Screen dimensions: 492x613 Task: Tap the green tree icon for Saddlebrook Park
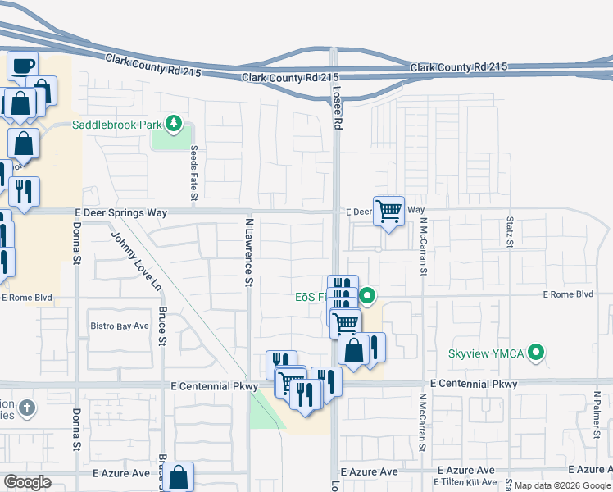pos(173,125)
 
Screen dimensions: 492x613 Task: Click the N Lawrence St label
pos(248,252)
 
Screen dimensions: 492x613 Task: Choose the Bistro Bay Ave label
pos(120,326)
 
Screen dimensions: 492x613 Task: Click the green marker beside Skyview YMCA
pos(537,353)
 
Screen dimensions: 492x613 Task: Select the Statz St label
pos(510,231)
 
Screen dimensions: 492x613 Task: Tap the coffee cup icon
pos(23,64)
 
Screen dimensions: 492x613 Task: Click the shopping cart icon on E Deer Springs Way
pos(388,211)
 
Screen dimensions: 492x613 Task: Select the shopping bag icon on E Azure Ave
pos(178,476)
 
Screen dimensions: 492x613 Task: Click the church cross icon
pos(26,408)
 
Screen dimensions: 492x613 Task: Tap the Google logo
pos(27,482)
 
